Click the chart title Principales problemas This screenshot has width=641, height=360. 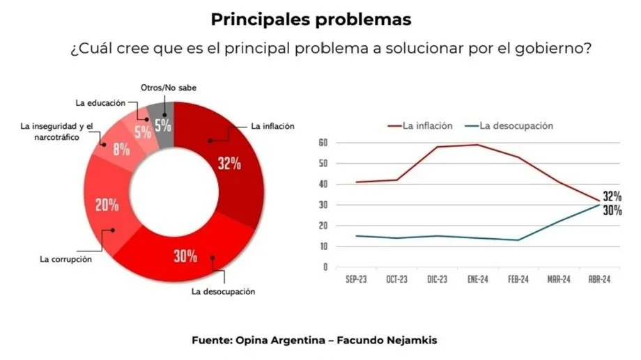[311, 19]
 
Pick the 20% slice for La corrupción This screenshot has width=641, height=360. [107, 205]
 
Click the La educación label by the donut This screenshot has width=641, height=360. [100, 103]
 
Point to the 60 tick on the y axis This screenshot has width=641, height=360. [323, 143]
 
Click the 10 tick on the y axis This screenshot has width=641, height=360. [323, 246]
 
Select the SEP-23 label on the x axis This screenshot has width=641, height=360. [356, 279]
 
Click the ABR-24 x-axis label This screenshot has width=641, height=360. [598, 279]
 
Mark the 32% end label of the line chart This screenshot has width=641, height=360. [612, 197]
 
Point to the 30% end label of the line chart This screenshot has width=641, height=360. [612, 210]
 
